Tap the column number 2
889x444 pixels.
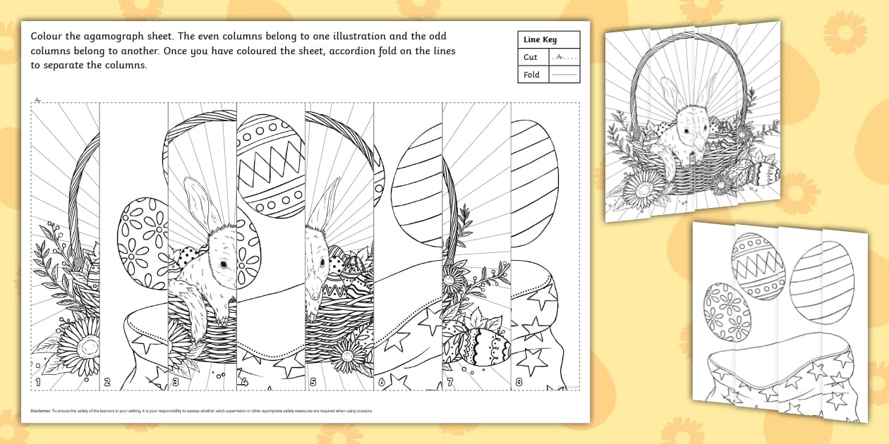(107, 383)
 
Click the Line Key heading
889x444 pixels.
(540, 40)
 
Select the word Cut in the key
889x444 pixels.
(531, 57)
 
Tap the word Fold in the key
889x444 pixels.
(531, 74)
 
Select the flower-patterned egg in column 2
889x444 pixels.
(143, 243)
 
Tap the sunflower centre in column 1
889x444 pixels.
(88, 346)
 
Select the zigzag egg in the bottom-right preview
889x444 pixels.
(756, 266)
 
